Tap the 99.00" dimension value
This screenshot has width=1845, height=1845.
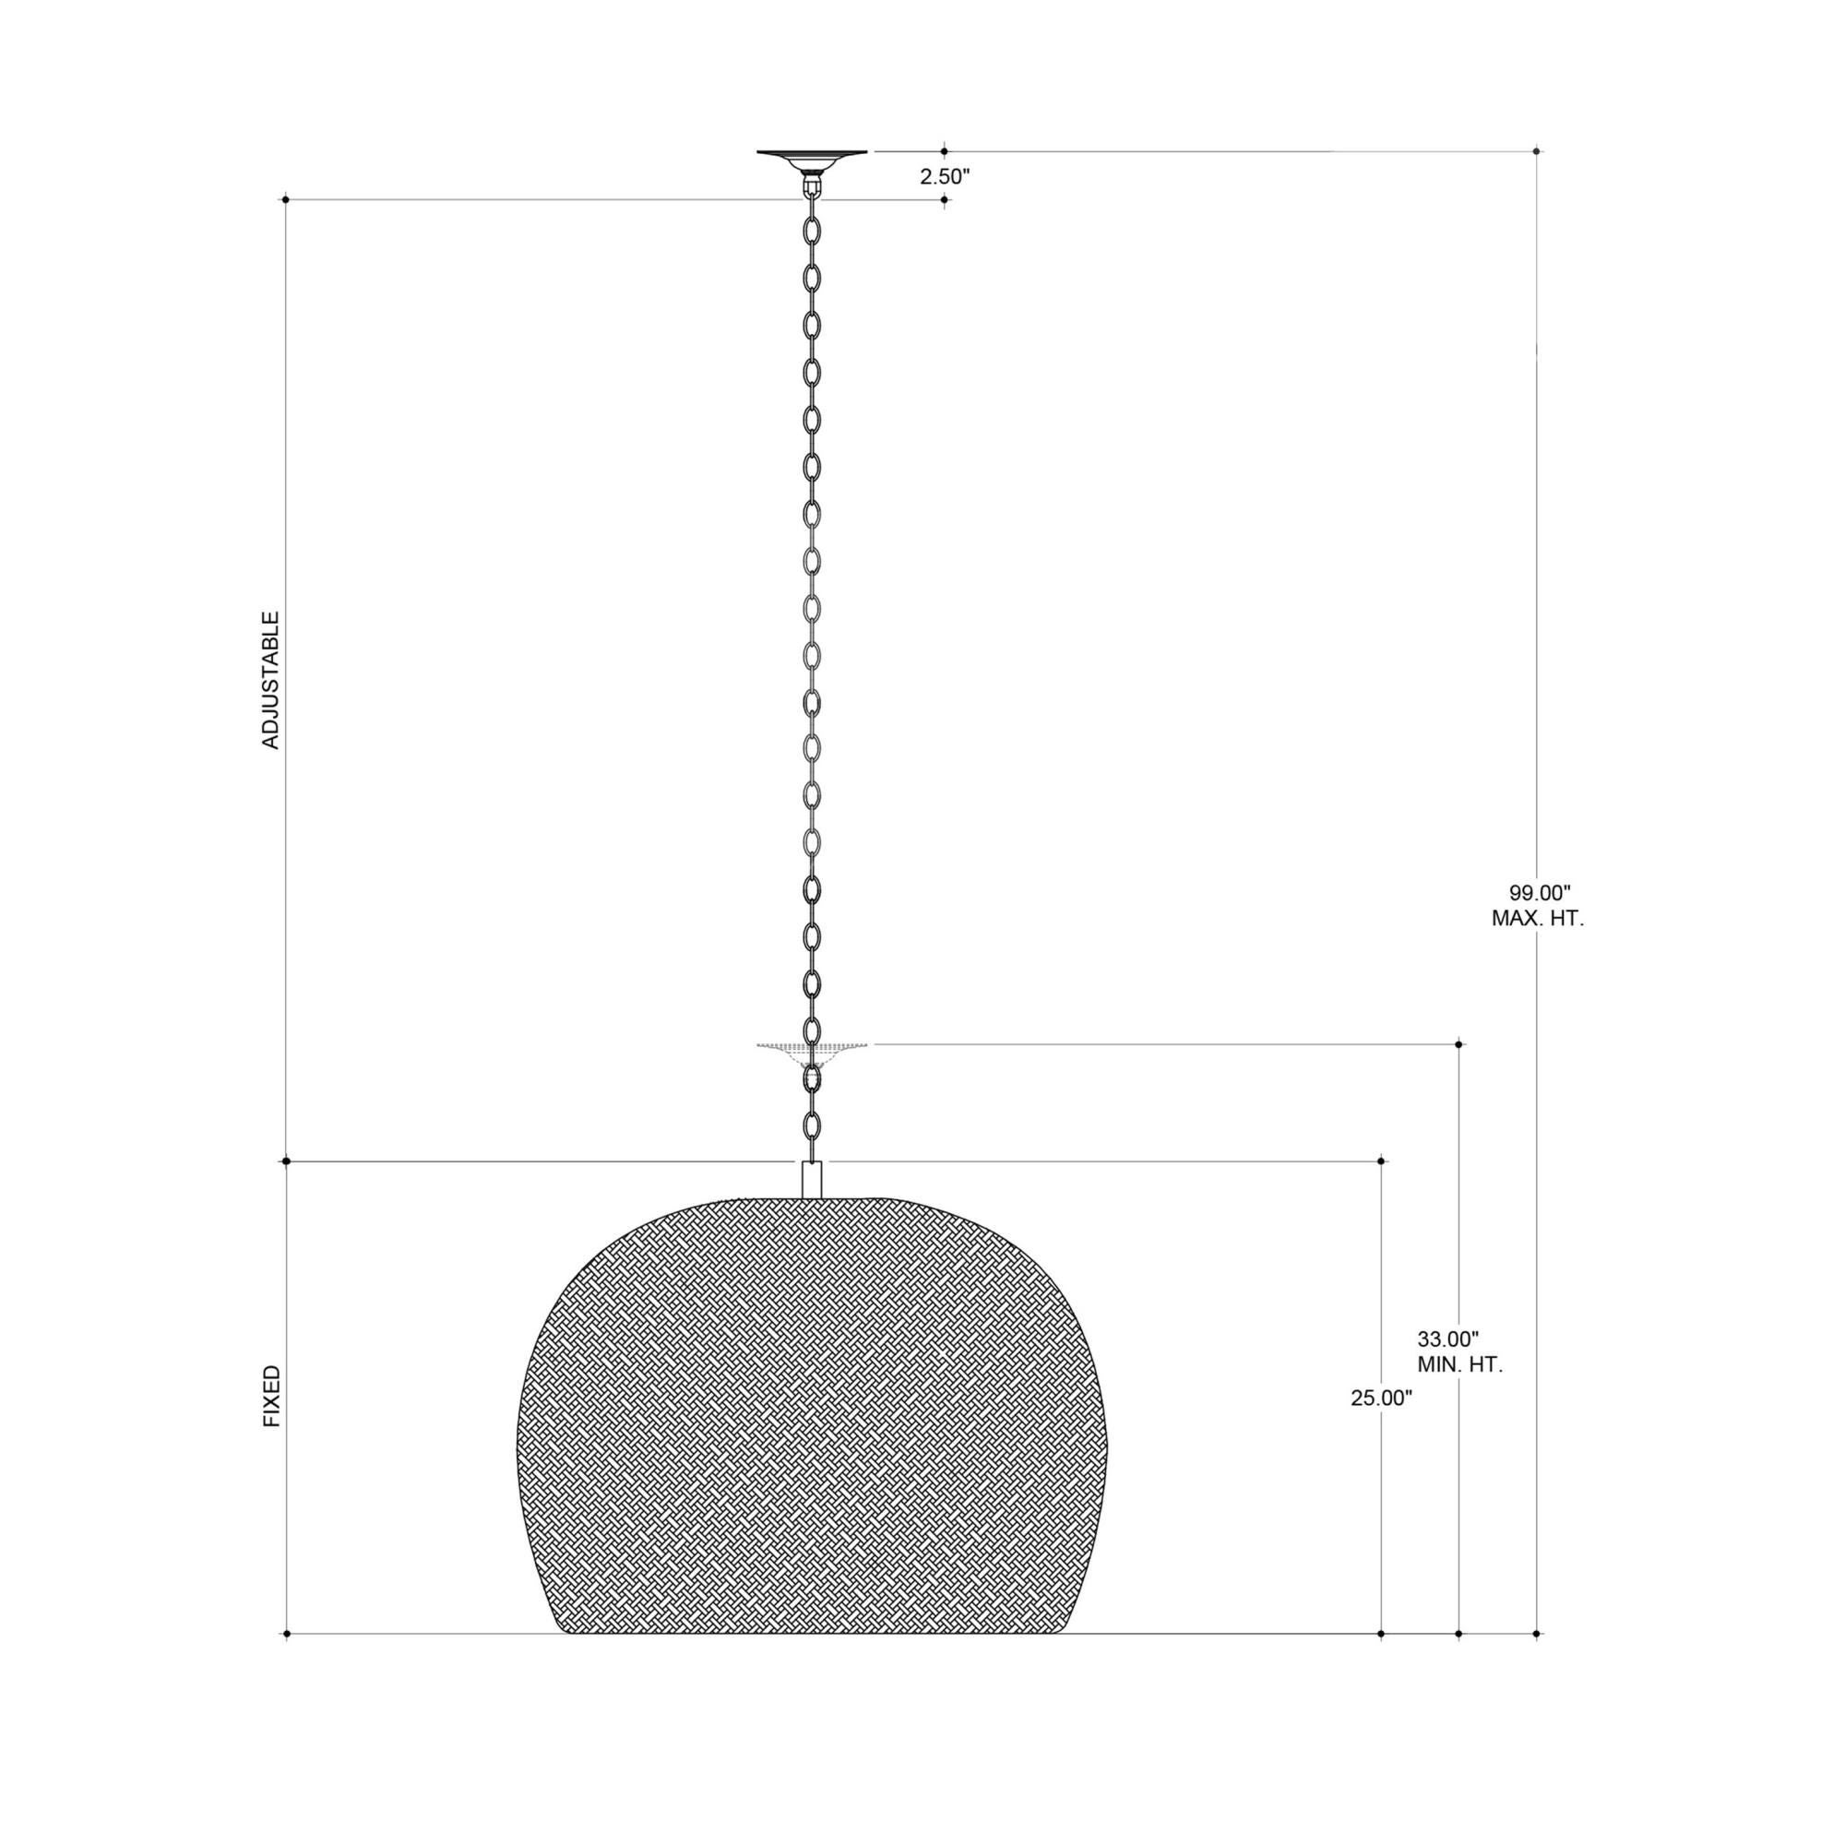coord(1540,893)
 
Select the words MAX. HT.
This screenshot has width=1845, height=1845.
coord(1538,920)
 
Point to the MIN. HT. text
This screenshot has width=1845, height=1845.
coord(1459,1364)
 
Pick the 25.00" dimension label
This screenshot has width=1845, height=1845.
coord(1380,1399)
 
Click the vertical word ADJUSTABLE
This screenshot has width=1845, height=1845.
coord(271,681)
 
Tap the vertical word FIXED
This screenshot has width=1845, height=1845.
coord(272,1396)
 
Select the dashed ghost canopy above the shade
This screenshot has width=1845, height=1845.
coord(812,1049)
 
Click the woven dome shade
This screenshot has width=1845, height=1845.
coord(812,1413)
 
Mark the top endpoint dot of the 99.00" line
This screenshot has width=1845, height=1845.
coord(1537,151)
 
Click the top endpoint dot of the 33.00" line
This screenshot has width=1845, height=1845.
coord(1458,1045)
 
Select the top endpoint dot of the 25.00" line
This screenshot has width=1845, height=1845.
coord(1382,1161)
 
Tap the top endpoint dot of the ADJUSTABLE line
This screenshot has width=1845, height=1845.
coord(286,199)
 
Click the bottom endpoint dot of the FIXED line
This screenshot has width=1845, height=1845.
coord(286,1635)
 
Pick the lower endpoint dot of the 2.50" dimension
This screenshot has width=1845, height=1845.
coord(945,199)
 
